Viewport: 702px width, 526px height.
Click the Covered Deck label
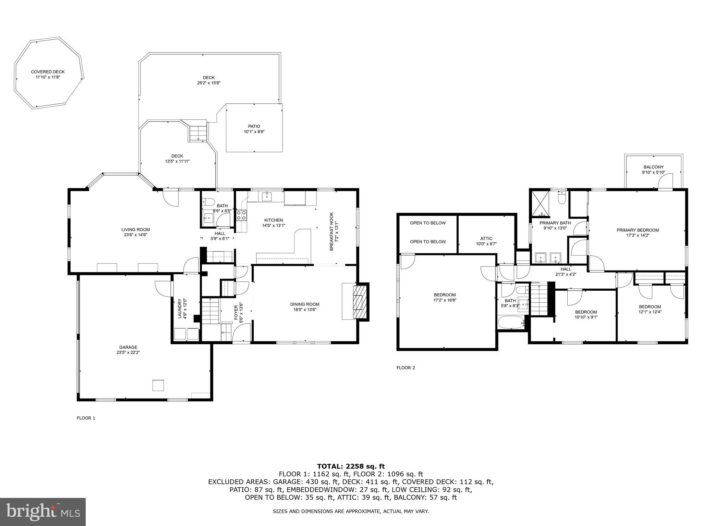tap(48, 72)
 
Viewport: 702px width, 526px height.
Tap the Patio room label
tap(254, 126)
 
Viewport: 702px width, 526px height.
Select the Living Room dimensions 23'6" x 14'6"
tap(135, 235)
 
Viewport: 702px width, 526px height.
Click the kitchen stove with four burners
tap(241, 215)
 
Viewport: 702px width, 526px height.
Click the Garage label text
tap(128, 347)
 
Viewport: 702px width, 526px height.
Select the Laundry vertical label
tap(180, 309)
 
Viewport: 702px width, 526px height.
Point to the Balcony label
tap(653, 167)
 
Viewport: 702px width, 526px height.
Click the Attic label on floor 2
tap(486, 239)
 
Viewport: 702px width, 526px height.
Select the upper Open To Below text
tap(428, 223)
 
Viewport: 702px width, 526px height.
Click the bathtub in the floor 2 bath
tap(511, 322)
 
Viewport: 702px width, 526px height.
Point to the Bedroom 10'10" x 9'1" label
tap(586, 312)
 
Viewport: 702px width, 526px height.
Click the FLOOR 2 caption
tap(406, 368)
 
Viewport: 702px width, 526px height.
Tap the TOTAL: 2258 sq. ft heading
tap(351, 466)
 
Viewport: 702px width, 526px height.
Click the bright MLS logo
tap(43, 512)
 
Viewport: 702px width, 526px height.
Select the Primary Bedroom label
tap(638, 230)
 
